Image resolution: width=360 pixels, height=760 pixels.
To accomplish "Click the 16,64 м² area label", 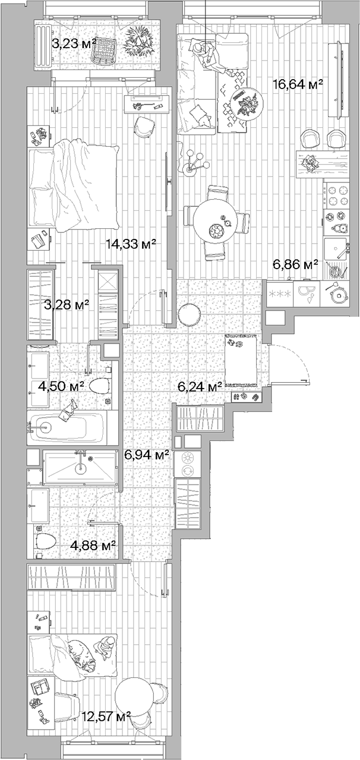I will click(297, 84).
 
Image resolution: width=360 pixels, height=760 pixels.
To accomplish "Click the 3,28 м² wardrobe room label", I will click(67, 305).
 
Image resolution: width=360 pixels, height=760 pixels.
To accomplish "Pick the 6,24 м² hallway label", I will click(200, 386).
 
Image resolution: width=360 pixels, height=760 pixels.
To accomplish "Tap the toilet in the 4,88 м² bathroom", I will click(45, 541).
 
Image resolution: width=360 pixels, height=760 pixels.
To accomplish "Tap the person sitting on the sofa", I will click(205, 54).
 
